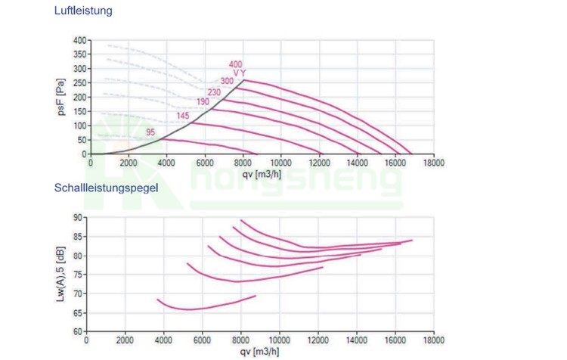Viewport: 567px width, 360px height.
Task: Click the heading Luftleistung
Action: (x=83, y=11)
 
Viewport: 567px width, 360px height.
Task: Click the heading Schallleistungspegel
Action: (x=106, y=188)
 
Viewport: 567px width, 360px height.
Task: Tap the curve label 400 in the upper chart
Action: (x=236, y=64)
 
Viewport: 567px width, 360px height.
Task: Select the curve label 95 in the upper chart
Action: (x=150, y=132)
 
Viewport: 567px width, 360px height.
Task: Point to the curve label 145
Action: (x=183, y=116)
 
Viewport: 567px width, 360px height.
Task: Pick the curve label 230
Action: (x=214, y=92)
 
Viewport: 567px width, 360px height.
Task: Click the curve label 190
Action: (x=203, y=101)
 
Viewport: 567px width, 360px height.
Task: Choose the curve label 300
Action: (x=227, y=81)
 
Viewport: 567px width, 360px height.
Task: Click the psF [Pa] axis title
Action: (x=61, y=97)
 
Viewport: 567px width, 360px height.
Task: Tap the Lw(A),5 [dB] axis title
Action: (x=61, y=274)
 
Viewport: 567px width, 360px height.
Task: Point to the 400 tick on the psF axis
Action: (x=79, y=40)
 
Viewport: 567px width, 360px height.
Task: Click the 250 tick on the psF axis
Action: (x=79, y=83)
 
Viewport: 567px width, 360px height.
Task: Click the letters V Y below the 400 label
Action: (x=240, y=73)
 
